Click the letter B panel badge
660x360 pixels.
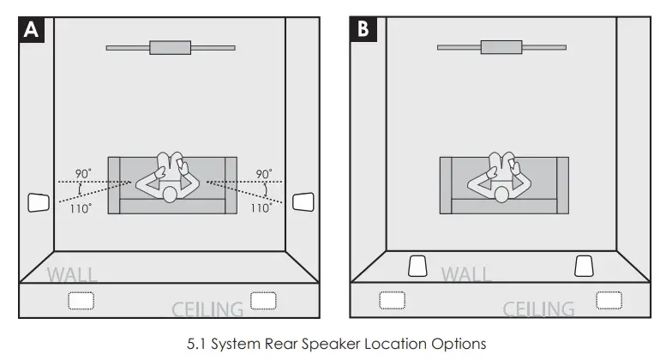363,30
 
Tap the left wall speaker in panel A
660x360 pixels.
39,202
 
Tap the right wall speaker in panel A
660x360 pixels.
303,202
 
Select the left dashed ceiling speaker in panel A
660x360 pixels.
81,301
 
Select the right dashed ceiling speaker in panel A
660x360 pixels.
262,300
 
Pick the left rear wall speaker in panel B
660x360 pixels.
417,266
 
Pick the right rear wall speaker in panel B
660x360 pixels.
584,266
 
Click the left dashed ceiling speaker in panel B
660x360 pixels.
392,300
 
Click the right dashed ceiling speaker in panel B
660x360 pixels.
609,300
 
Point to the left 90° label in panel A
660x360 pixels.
83,173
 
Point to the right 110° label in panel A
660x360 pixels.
261,208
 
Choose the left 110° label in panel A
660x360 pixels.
82,208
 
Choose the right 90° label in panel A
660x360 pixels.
264,173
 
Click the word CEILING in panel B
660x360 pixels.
538,309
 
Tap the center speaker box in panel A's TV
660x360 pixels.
170,47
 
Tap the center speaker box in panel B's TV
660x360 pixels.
501,46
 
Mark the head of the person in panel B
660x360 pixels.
501,195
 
